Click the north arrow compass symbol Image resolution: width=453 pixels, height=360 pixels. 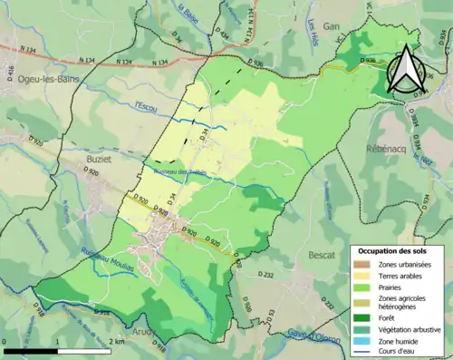(408, 67)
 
